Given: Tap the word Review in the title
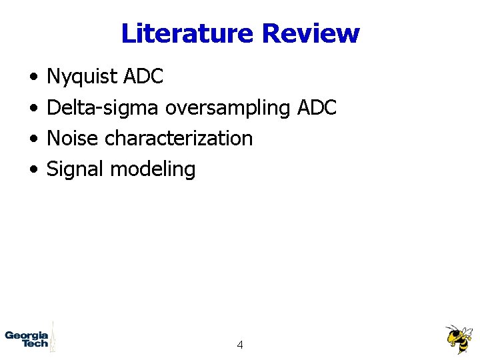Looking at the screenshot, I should pos(311,33).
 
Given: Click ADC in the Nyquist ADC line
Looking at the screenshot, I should pos(143,77).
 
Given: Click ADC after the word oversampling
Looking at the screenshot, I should pos(317,107).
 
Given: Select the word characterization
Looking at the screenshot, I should pos(179,138).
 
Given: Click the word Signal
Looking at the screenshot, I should pos(75,169).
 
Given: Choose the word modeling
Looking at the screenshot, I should pos(153,169).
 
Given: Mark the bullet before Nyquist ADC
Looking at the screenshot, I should pos(33,78).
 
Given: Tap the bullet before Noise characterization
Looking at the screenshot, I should pos(33,139).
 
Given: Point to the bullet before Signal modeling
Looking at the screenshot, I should pos(33,170).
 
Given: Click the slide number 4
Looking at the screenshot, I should pos(239,345).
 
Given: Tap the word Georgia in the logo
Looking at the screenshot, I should pos(26,335).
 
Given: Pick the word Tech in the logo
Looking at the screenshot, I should pos(35,343).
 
